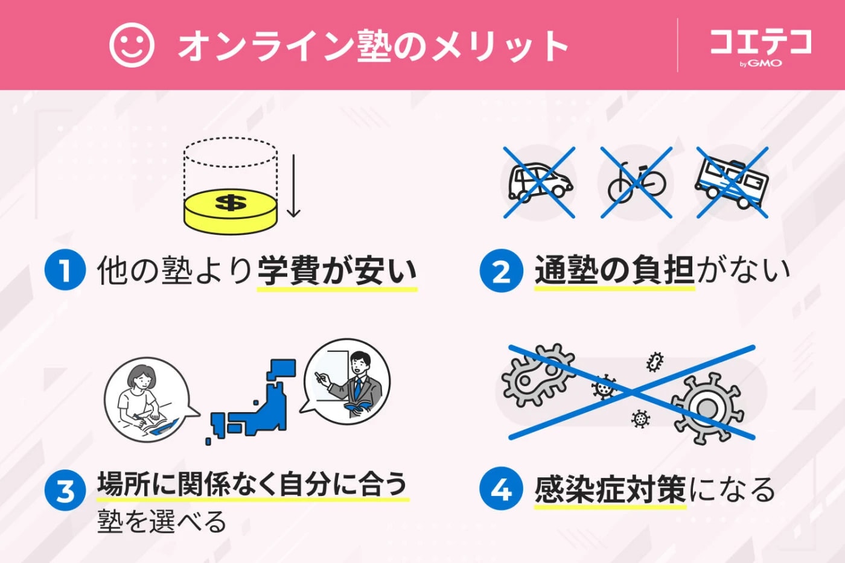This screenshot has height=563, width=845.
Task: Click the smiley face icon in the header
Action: pos(132,45)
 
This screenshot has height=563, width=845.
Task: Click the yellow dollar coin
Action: pos(231,211)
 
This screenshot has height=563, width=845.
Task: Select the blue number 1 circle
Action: pos(65,270)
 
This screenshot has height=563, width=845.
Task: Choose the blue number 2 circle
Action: pos(501,271)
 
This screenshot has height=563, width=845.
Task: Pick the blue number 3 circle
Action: pos(65,490)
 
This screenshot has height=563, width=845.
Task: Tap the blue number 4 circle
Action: pos(501,489)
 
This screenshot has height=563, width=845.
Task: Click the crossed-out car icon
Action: pos(539,182)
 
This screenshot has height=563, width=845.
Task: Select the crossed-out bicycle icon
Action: pos(636,182)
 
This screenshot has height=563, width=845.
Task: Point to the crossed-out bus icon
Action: pos(732,182)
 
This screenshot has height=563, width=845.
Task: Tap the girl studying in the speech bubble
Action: pos(145,399)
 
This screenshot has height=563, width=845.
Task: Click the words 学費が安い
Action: pos(337,271)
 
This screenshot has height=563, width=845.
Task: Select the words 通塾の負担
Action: pos(614,270)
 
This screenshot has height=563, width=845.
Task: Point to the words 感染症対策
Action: pos(610,489)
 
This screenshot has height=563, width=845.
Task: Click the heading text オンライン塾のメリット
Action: pos(373,46)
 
